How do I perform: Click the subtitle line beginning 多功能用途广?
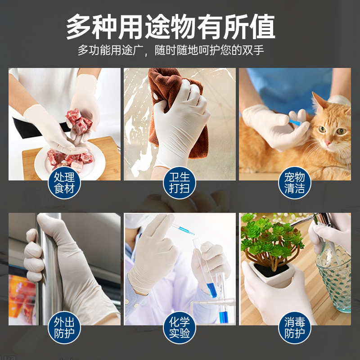[171, 50]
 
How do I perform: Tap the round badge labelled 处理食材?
[64, 183]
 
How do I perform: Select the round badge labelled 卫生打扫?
[180, 183]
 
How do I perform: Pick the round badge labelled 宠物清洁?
[295, 183]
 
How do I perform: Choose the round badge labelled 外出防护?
[64, 328]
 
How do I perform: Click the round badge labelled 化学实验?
[180, 328]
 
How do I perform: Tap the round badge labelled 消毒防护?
[295, 328]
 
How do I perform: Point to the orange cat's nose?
[328, 142]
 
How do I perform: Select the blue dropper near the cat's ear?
[295, 122]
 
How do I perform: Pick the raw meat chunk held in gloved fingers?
[76, 121]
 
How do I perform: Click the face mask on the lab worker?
[135, 222]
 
